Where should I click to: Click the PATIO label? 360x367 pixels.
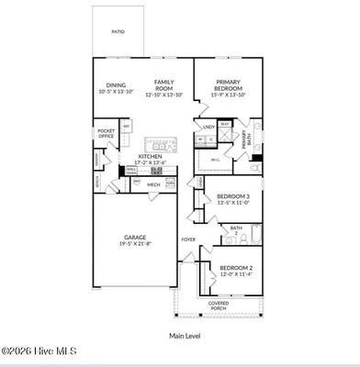118,31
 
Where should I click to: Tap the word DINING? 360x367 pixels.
115,83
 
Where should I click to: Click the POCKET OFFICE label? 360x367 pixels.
107,134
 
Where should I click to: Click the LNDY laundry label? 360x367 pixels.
208,127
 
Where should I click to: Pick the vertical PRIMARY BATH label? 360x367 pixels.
244,140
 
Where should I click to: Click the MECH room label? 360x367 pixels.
154,184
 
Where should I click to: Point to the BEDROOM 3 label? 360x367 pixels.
232,196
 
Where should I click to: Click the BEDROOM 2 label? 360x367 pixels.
235,267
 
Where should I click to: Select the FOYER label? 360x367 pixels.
187,239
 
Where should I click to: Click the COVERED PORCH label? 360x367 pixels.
218,306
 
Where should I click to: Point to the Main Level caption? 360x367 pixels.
185,336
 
